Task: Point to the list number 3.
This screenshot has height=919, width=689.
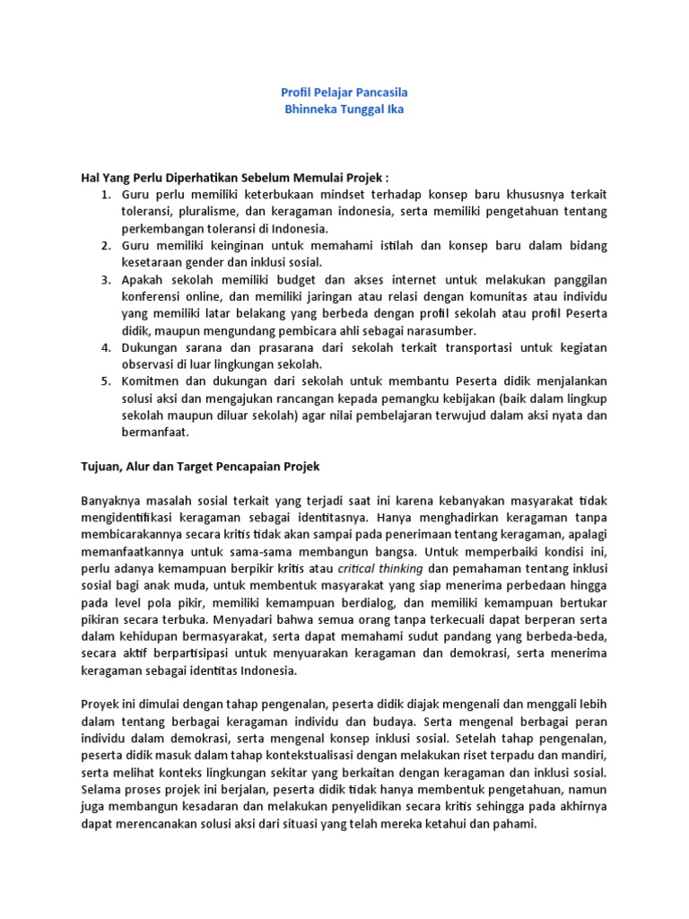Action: click(x=104, y=280)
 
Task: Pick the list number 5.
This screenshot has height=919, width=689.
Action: click(x=104, y=381)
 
